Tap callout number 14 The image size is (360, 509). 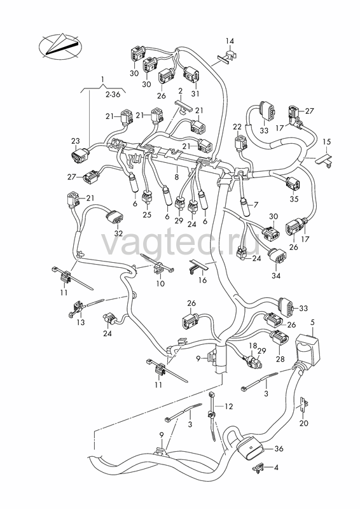(x=230, y=41)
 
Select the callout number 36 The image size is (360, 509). (x=279, y=449)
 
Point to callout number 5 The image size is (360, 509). (x=312, y=323)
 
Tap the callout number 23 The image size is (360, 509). (x=75, y=141)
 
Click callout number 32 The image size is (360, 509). (x=118, y=234)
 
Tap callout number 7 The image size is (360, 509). (x=256, y=205)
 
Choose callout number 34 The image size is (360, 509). (x=276, y=276)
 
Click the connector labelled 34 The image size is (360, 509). (x=277, y=256)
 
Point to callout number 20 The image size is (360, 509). (x=304, y=423)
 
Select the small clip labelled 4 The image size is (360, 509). (x=258, y=468)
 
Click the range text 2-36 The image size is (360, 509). (x=112, y=94)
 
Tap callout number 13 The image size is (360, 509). (x=81, y=323)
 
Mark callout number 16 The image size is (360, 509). (x=202, y=280)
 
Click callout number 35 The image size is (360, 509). (x=294, y=199)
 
